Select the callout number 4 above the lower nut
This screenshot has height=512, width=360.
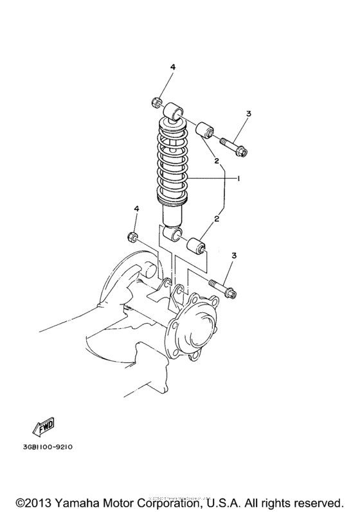(x=136, y=209)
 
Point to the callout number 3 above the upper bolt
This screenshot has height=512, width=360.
(x=248, y=114)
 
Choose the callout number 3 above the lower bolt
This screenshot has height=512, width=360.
(x=234, y=256)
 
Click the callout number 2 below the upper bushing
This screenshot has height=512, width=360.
(x=217, y=160)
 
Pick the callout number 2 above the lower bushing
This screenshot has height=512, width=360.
(x=217, y=219)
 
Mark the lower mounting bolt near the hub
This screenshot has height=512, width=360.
(x=222, y=288)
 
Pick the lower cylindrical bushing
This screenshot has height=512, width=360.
(x=194, y=247)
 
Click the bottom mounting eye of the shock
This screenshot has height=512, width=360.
(x=172, y=234)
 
